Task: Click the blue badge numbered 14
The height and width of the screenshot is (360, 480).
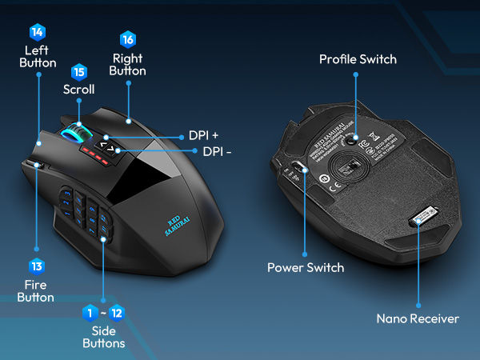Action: [38, 33]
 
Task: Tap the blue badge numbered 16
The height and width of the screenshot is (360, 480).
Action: [127, 39]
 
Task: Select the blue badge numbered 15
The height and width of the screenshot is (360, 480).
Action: [78, 72]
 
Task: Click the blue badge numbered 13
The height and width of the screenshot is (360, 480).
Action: [38, 266]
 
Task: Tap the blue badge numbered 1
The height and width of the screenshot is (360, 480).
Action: [91, 311]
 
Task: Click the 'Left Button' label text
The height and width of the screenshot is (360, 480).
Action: [38, 56]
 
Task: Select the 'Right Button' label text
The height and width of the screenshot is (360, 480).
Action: [127, 63]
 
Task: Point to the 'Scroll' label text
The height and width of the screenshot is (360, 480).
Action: [78, 90]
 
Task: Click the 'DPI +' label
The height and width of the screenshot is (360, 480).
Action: [203, 135]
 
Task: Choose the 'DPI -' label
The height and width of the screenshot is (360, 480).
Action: [217, 151]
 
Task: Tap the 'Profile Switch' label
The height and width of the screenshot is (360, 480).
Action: [358, 59]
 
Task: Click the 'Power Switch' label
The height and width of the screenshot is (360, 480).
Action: [306, 267]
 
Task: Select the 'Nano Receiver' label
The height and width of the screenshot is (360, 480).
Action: [418, 318]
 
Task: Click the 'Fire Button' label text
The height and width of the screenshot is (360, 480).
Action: [37, 290]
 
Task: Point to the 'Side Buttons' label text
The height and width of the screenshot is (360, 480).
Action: [104, 336]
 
